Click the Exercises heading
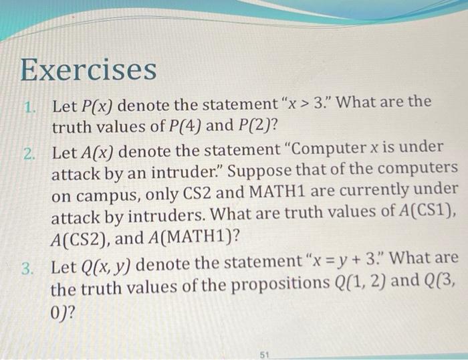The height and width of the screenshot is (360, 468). pos(88,70)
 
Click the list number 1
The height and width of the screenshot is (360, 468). pos(29,107)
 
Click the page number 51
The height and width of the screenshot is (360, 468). pos(265,355)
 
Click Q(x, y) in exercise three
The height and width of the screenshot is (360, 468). pos(106,265)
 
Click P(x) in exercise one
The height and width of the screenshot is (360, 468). pos(97,106)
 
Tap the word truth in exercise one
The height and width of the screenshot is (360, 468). pos(72,128)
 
